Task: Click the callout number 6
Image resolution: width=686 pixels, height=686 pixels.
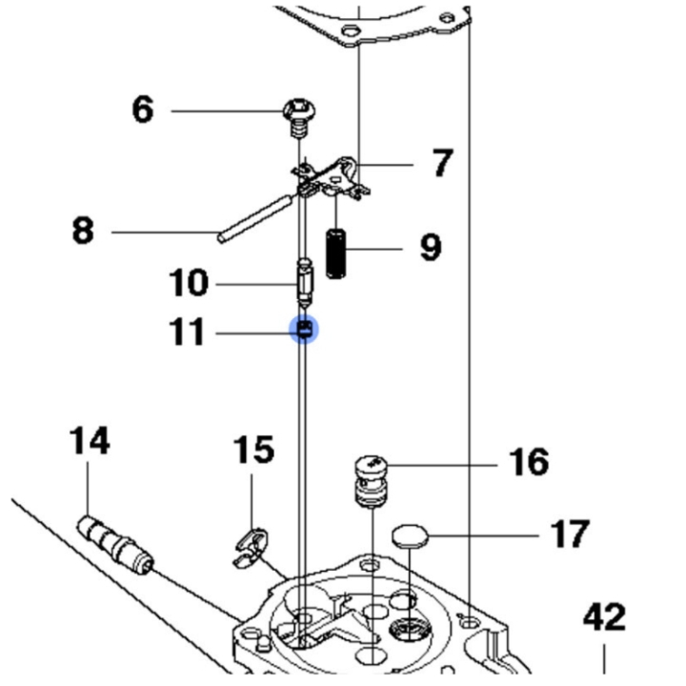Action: pyautogui.click(x=142, y=111)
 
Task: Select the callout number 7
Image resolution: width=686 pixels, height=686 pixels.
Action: pyautogui.click(x=439, y=164)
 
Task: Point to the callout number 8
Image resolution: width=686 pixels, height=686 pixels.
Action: pyautogui.click(x=84, y=231)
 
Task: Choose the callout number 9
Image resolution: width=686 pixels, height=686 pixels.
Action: pyautogui.click(x=431, y=249)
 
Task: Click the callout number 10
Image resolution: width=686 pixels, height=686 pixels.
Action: pyautogui.click(x=188, y=283)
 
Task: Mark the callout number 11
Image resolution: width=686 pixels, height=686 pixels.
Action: pyautogui.click(x=186, y=333)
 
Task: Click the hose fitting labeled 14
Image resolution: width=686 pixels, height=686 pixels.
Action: pyautogui.click(x=113, y=540)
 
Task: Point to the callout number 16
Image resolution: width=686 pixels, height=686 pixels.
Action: pyautogui.click(x=530, y=463)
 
